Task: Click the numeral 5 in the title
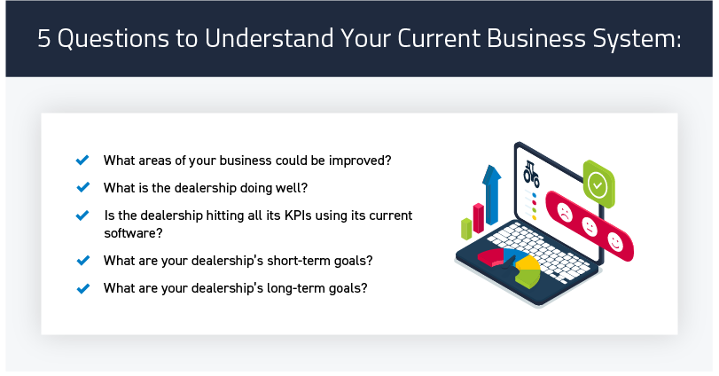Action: [x=43, y=38]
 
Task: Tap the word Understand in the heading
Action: [x=270, y=38]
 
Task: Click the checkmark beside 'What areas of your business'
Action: [x=82, y=160]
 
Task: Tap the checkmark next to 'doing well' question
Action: [x=82, y=187]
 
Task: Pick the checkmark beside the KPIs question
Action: [x=82, y=215]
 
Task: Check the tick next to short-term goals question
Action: [x=82, y=261]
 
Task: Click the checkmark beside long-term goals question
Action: [x=82, y=288]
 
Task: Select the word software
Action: [x=133, y=233]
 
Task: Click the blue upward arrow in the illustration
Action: [x=491, y=194]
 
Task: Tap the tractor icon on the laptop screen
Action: [x=531, y=173]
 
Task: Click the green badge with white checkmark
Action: [x=598, y=184]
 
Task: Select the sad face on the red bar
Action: [x=565, y=212]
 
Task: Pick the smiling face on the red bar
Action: [x=615, y=241]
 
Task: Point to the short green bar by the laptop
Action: [x=466, y=229]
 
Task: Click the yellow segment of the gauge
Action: [x=528, y=262]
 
